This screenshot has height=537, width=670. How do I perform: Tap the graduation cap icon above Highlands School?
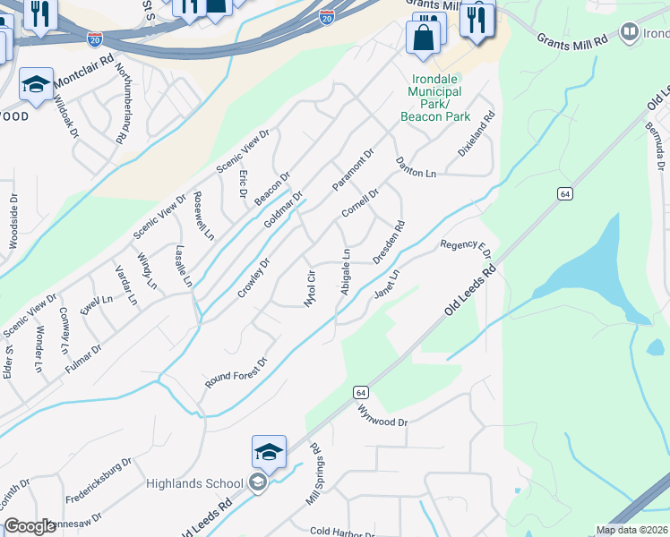point(269,454)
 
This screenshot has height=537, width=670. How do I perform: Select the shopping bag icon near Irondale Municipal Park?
point(424,38)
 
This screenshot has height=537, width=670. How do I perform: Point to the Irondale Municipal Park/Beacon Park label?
point(435,98)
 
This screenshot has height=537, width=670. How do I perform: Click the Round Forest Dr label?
point(236,375)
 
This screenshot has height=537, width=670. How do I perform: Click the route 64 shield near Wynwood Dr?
point(360,392)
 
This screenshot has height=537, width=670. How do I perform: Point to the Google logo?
point(30,526)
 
